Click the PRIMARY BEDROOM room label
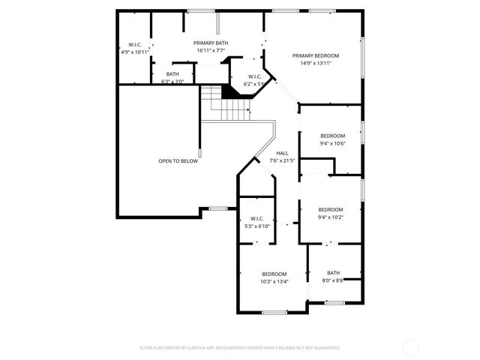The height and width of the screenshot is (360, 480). point(316,55)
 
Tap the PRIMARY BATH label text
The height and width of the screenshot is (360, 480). point(211,43)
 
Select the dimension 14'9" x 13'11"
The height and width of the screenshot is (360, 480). point(316,63)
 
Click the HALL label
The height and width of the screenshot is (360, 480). point(282,153)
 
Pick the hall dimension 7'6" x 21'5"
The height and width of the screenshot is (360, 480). point(282,160)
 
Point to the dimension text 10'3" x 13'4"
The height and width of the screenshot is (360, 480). point(274,282)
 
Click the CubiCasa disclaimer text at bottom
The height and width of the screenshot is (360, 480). point(239,348)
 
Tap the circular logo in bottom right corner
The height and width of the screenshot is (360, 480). point(410,347)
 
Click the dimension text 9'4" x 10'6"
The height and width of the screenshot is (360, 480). point(332,143)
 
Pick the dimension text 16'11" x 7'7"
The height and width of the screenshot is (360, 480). point(211,51)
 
